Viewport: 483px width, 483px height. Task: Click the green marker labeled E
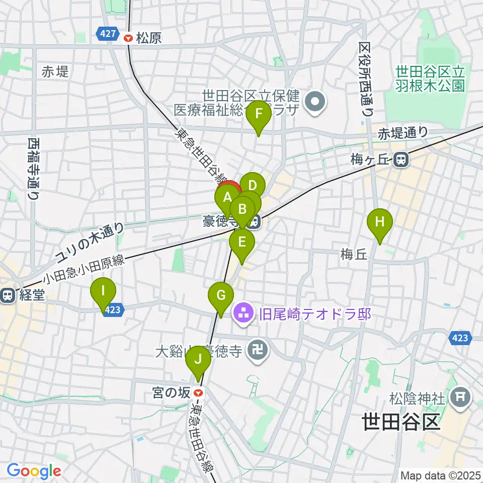point(242,243)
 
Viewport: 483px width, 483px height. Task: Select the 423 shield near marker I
point(113,310)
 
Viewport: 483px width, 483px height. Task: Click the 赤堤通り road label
point(403,133)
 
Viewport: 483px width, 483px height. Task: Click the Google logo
point(34,471)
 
